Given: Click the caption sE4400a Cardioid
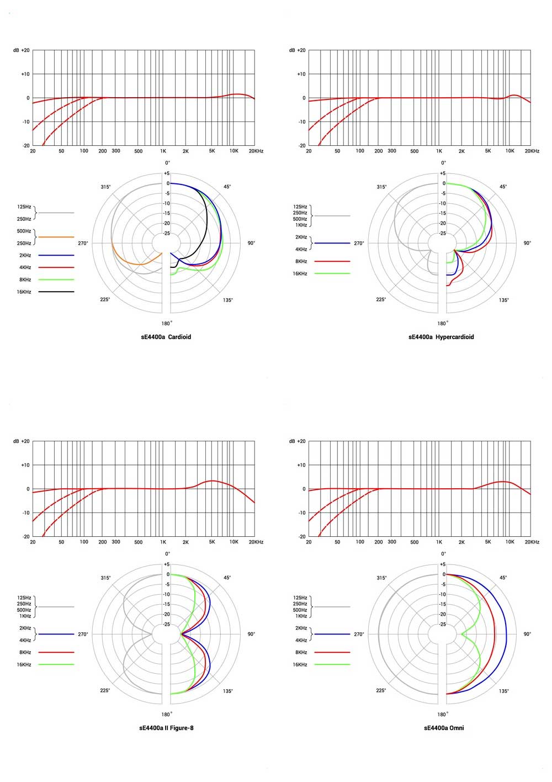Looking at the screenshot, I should pos(166,337).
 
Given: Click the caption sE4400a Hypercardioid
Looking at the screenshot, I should pos(441,337).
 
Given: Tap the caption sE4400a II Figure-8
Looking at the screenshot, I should pos(166,728).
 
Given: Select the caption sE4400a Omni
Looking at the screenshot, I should pos(444,728).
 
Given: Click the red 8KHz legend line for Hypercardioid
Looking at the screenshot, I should pos(332,261).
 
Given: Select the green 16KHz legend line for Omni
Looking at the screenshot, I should pos(332,664).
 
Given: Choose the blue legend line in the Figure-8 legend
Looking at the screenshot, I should pos(56,634).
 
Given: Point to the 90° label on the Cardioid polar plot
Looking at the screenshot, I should pos(251,243).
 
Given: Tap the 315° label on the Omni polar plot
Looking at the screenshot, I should pos(381,578).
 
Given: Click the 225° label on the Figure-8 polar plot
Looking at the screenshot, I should pos(105,690).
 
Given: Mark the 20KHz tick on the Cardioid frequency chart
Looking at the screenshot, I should pos(256,151).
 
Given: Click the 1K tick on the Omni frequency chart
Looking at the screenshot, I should pos(439,542).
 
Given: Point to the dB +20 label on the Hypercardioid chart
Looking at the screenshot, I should pos(297,50).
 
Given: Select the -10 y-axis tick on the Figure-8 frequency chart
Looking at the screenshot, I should pos(25,512).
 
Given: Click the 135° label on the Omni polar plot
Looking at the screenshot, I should pos(504,691).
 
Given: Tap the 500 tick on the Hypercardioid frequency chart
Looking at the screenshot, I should pos(414,151).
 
